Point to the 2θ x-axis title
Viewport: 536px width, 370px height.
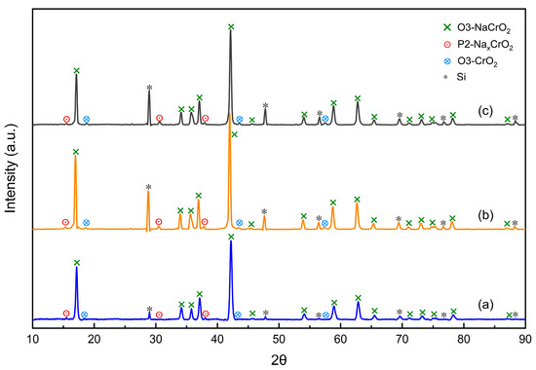click(279, 359)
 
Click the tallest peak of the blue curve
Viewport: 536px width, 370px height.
click(231, 242)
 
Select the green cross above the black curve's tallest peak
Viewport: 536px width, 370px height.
click(231, 26)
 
